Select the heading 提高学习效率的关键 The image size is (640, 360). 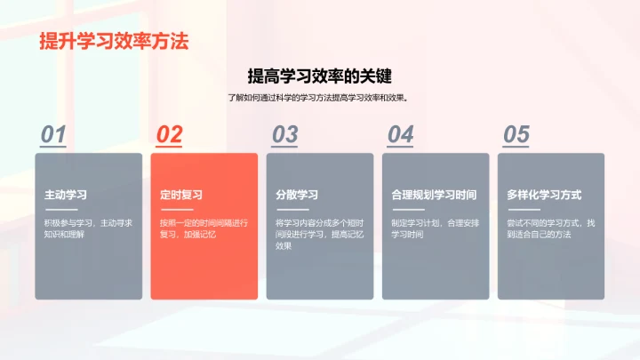point(320,76)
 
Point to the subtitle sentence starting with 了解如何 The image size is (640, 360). point(320,98)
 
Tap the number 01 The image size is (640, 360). point(53,134)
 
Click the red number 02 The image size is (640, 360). point(169,134)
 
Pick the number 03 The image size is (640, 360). point(284,134)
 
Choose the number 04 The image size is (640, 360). point(400,134)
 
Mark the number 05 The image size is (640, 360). point(516,134)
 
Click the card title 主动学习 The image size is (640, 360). point(66,195)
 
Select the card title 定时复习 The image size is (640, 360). point(181,195)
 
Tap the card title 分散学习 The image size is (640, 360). point(297,195)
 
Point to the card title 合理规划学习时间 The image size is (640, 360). point(434,195)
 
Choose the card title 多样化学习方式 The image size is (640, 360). point(544,195)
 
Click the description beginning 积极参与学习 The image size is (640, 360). point(88,228)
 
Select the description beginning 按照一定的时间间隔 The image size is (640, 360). point(204,228)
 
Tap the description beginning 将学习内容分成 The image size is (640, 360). point(319,234)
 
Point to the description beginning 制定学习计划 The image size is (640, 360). point(435,228)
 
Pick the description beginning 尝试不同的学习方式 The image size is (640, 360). point(550,228)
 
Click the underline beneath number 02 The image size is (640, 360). point(170,148)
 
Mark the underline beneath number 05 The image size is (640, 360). point(516,148)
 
